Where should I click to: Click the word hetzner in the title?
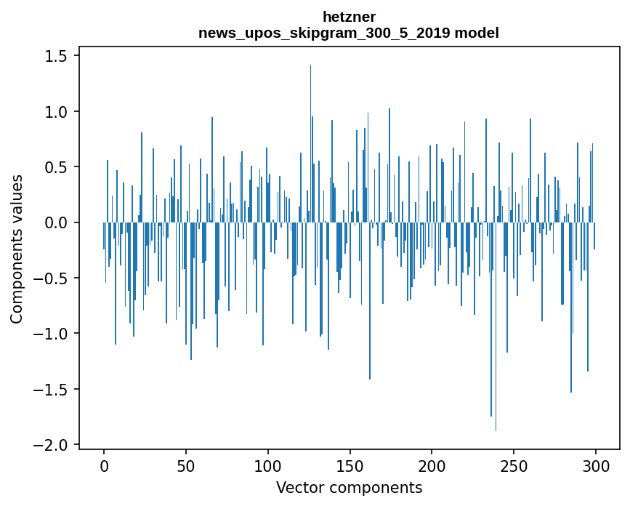tap(349, 17)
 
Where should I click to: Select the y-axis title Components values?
tap(17, 249)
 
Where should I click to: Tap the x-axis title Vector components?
tap(349, 487)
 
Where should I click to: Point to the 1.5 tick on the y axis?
tap(59, 57)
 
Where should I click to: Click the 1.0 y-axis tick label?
tap(59, 112)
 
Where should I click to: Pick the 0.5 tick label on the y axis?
tap(59, 167)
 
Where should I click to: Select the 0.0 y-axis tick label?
tap(59, 222)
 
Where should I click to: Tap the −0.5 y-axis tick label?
tap(54, 278)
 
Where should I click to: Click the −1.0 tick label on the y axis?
tap(54, 334)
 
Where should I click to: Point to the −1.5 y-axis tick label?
tap(54, 389)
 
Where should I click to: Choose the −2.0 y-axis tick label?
tap(54, 445)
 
